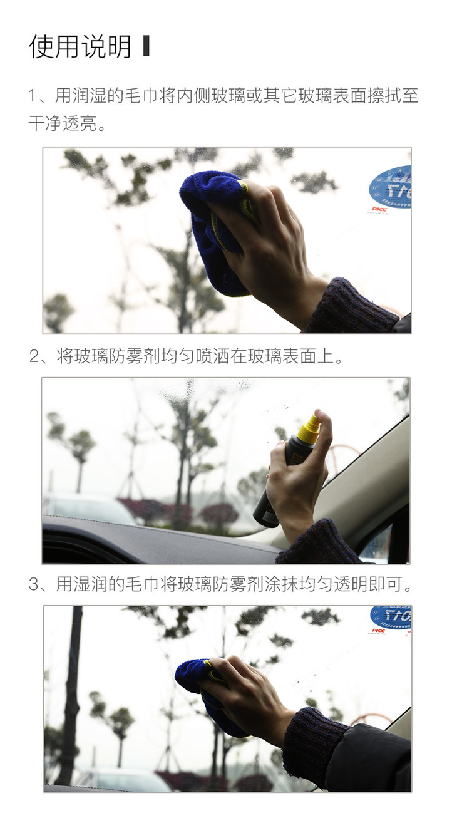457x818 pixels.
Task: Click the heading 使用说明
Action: click(80, 47)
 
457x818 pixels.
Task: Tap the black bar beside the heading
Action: click(146, 46)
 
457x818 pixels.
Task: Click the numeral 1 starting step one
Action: click(32, 96)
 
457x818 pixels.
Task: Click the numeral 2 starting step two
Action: click(34, 356)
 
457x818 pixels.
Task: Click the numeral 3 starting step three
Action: click(34, 584)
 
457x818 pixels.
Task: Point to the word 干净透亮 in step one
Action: click(63, 123)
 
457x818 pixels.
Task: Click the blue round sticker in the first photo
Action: click(391, 187)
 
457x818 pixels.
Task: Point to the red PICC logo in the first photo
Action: click(379, 210)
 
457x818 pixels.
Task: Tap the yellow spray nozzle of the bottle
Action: click(309, 427)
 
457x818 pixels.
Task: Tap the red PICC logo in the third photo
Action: click(379, 631)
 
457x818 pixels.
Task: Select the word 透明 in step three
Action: click(351, 584)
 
